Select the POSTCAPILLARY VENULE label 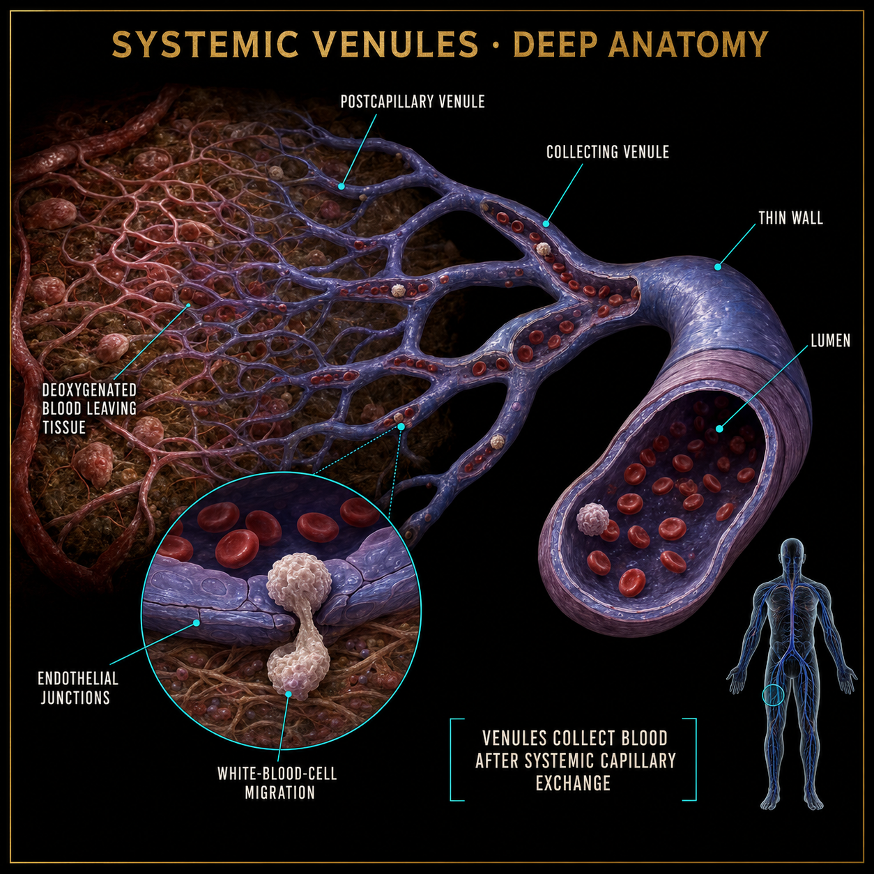[x=413, y=102]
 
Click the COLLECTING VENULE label [x=607, y=152]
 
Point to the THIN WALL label [x=790, y=218]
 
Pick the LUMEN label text [x=831, y=341]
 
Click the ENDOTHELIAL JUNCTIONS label [x=77, y=688]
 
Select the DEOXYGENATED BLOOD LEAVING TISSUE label [x=89, y=408]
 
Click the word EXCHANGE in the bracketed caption [x=573, y=783]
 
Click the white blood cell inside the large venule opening [x=592, y=519]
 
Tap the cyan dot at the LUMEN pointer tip [x=719, y=428]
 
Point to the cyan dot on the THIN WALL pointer [x=717, y=267]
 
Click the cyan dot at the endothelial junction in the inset [x=197, y=622]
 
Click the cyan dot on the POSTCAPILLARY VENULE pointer [x=341, y=186]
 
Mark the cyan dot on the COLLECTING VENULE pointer [x=546, y=224]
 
